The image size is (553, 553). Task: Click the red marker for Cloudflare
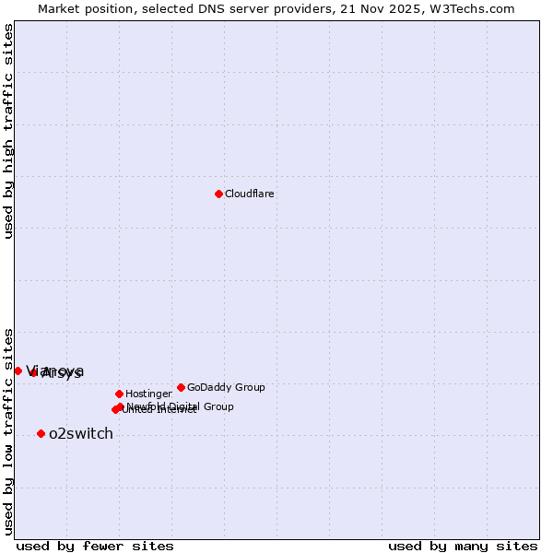[x=218, y=194]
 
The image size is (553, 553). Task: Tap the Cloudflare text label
[x=250, y=194]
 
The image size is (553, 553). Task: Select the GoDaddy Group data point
[x=181, y=387]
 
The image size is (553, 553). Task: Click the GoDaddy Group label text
[x=226, y=388]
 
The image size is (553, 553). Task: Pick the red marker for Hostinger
[x=119, y=394]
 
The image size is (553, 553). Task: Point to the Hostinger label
[x=148, y=394]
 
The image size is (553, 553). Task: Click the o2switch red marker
[x=41, y=433]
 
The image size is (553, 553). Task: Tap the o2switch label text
[x=81, y=434]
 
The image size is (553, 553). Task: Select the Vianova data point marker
[x=18, y=371]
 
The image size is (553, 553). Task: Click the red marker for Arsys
[x=34, y=372]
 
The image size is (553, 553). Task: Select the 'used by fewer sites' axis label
[x=95, y=546]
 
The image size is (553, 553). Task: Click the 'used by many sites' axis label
[x=463, y=546]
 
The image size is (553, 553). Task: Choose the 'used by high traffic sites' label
[x=9, y=132]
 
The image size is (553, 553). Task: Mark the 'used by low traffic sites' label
[x=9, y=430]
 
